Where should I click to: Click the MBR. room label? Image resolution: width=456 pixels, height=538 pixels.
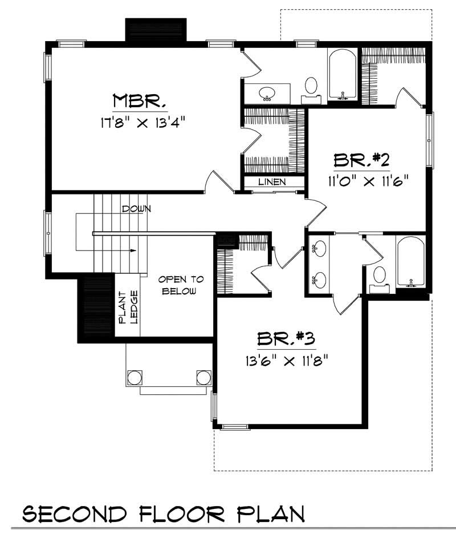(140, 101)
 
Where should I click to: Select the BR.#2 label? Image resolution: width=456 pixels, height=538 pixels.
(361, 160)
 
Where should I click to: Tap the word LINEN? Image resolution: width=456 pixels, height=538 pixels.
(272, 182)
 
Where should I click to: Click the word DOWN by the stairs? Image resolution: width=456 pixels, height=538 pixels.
(136, 209)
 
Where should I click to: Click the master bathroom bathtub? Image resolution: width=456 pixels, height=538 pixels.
(342, 75)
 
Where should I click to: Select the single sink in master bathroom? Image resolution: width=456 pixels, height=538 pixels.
(267, 92)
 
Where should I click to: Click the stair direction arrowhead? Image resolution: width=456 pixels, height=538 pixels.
(134, 250)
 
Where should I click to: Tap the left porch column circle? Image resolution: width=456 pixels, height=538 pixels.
(135, 377)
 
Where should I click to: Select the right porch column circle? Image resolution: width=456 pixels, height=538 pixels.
(203, 377)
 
